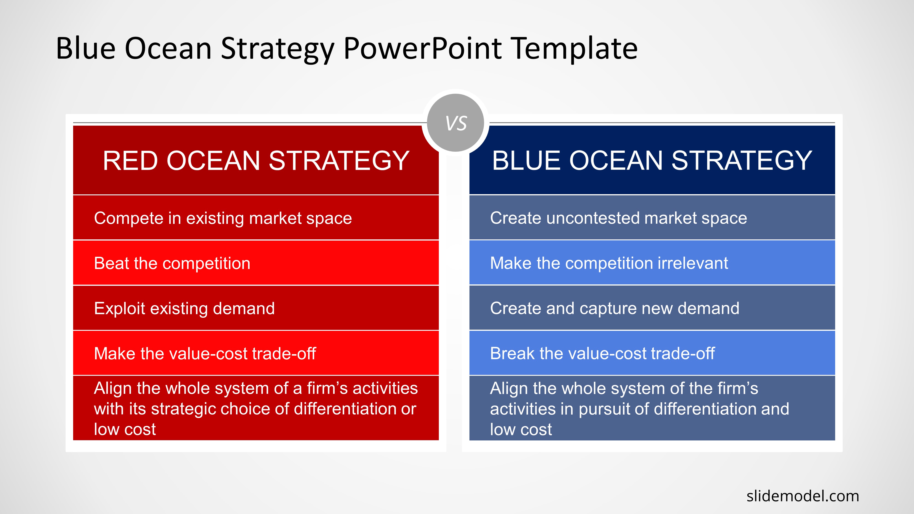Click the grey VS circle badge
click(x=456, y=123)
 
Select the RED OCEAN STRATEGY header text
click(x=256, y=161)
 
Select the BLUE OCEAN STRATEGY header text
click(x=652, y=161)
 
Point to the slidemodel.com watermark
click(x=803, y=496)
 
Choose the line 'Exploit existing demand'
click(x=184, y=308)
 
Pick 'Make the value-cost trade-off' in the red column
click(x=205, y=353)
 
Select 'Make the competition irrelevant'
click(x=609, y=263)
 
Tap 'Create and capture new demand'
click(x=615, y=308)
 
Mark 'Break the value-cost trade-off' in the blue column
click(x=602, y=353)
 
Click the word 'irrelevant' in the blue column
click(x=693, y=263)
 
